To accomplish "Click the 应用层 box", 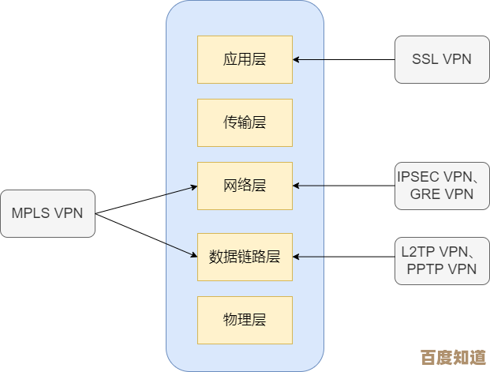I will [x=245, y=59].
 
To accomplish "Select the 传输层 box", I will [x=245, y=122].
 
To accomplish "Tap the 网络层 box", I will [x=245, y=186].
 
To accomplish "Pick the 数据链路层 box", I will [x=245, y=257].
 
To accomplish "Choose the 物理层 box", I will [x=245, y=320].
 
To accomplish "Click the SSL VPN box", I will [x=442, y=59].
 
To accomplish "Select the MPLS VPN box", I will [x=47, y=213].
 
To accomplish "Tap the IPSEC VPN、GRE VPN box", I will [x=442, y=186].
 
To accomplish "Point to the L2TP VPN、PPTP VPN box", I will [x=442, y=260].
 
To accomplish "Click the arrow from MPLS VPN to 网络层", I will [x=181, y=190].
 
